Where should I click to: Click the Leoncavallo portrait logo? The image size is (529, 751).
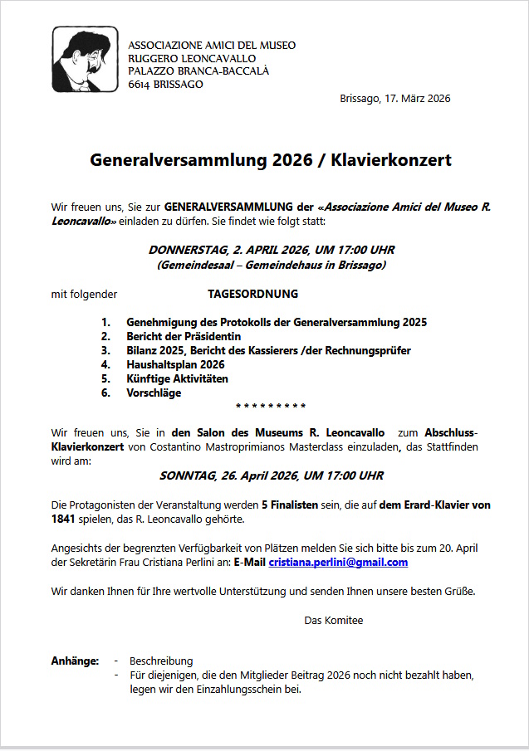[84, 59]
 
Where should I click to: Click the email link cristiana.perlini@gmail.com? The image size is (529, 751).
[338, 562]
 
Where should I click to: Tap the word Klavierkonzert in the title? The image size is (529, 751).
[391, 160]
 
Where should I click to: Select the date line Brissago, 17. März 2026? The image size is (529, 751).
[395, 99]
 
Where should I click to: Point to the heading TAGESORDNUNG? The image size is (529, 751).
[252, 294]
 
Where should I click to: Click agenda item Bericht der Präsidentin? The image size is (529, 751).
[184, 336]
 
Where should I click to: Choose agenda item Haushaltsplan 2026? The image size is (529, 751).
[175, 364]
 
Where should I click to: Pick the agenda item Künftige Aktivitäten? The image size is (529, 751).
[177, 378]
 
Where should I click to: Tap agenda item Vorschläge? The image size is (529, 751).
[154, 393]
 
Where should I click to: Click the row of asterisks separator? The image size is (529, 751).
[271, 406]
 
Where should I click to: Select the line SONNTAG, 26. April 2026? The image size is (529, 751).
[271, 475]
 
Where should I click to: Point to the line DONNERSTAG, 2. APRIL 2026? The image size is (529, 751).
[272, 250]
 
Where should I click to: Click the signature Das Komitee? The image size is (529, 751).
[334, 620]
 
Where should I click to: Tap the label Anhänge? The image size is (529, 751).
[75, 661]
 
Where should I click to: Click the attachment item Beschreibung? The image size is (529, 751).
[161, 661]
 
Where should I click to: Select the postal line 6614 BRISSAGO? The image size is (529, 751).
[166, 85]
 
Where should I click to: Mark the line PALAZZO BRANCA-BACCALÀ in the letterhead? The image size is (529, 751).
[198, 71]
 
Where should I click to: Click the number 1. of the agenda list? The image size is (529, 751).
[105, 322]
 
